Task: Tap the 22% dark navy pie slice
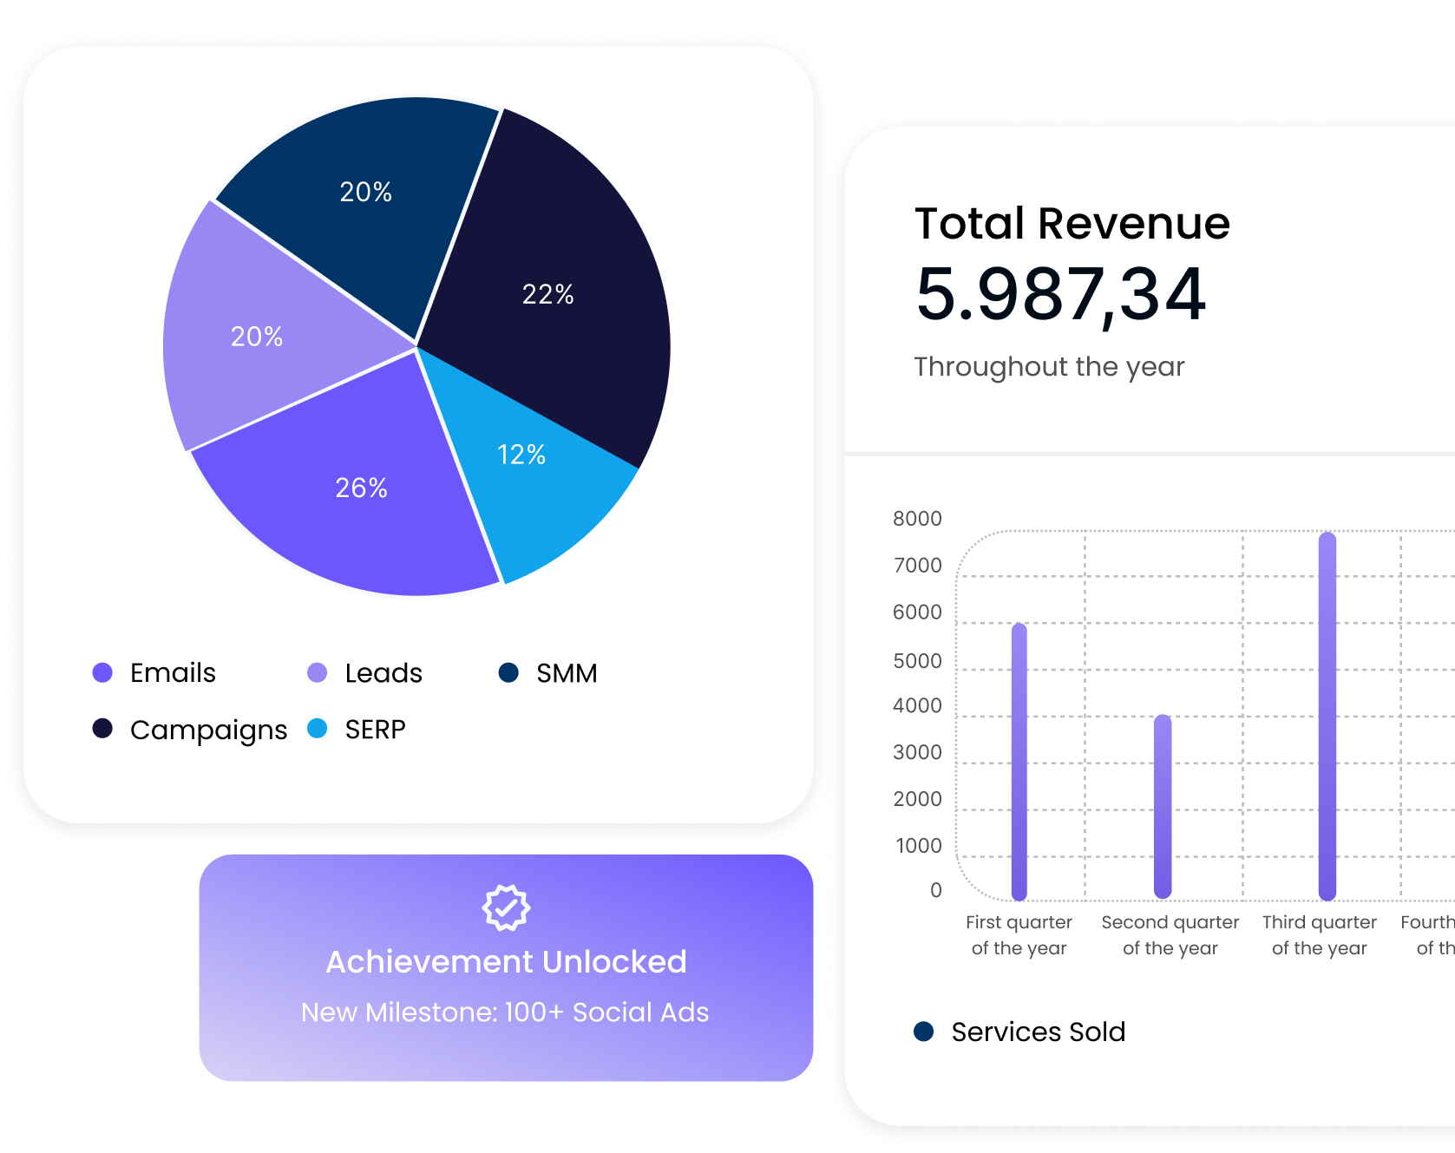click(555, 286)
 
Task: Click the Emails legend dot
click(102, 672)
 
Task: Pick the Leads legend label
click(383, 673)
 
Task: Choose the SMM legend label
click(567, 673)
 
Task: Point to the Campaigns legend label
click(208, 730)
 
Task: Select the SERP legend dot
click(318, 729)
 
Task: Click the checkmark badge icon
click(506, 907)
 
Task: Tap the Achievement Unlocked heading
click(506, 962)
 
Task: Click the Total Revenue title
click(1072, 224)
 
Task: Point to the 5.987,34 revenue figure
click(1060, 295)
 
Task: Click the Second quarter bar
click(1163, 807)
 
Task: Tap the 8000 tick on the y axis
click(917, 519)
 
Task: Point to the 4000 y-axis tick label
click(917, 706)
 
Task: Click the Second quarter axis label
click(1170, 934)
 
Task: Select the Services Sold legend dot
click(924, 1032)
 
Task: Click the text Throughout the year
click(1049, 367)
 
